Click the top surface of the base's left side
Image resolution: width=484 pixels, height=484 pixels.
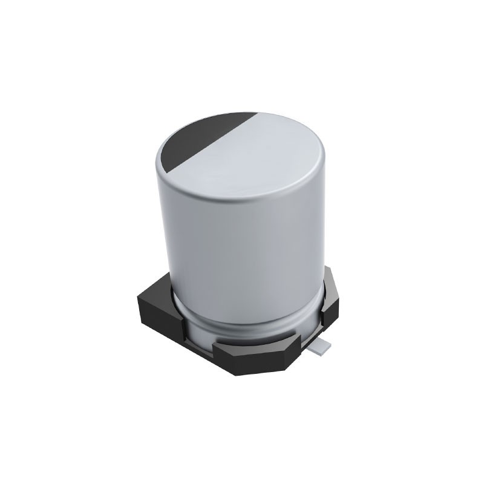[x=160, y=287]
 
